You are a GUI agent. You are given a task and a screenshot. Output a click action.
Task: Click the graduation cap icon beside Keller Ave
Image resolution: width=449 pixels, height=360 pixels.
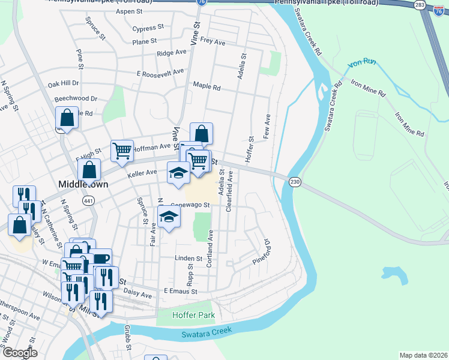tap(178, 173)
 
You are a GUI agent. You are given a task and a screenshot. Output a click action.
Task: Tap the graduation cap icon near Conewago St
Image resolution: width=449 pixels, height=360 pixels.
tap(169, 217)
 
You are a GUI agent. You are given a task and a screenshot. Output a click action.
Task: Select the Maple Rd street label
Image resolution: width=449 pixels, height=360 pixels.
tap(206, 86)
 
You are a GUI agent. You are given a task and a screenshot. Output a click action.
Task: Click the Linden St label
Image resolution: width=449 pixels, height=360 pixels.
tap(172, 258)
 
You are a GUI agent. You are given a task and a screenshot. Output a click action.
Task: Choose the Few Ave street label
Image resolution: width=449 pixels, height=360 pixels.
tap(267, 125)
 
